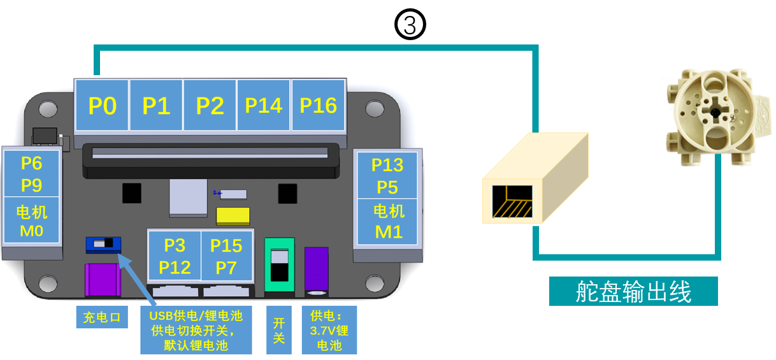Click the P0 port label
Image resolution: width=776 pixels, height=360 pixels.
102,105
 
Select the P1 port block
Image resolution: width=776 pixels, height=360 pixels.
156,105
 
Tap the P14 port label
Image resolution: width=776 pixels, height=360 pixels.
263,105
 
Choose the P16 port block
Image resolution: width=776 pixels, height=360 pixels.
319,105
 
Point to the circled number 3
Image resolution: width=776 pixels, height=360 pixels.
410,24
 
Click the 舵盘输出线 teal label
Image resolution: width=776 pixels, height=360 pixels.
633,291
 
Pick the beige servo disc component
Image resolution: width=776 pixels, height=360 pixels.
717,116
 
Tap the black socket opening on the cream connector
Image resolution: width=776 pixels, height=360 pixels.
512,201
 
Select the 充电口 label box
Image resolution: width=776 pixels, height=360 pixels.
102,317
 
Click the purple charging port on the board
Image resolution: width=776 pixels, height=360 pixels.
103,280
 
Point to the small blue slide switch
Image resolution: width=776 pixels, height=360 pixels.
103,244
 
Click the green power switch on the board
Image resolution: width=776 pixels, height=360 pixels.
280,265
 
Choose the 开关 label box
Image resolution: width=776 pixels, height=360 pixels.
279,330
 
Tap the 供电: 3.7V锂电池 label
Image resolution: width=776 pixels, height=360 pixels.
329,330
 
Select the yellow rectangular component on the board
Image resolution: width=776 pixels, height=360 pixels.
233,215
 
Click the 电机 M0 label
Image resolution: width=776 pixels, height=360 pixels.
31,220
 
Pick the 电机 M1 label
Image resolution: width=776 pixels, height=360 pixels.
389,221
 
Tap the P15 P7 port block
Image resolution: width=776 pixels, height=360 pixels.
226,256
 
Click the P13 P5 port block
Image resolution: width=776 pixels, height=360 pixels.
387,175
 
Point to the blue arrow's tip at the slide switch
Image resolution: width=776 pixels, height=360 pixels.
119,254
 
